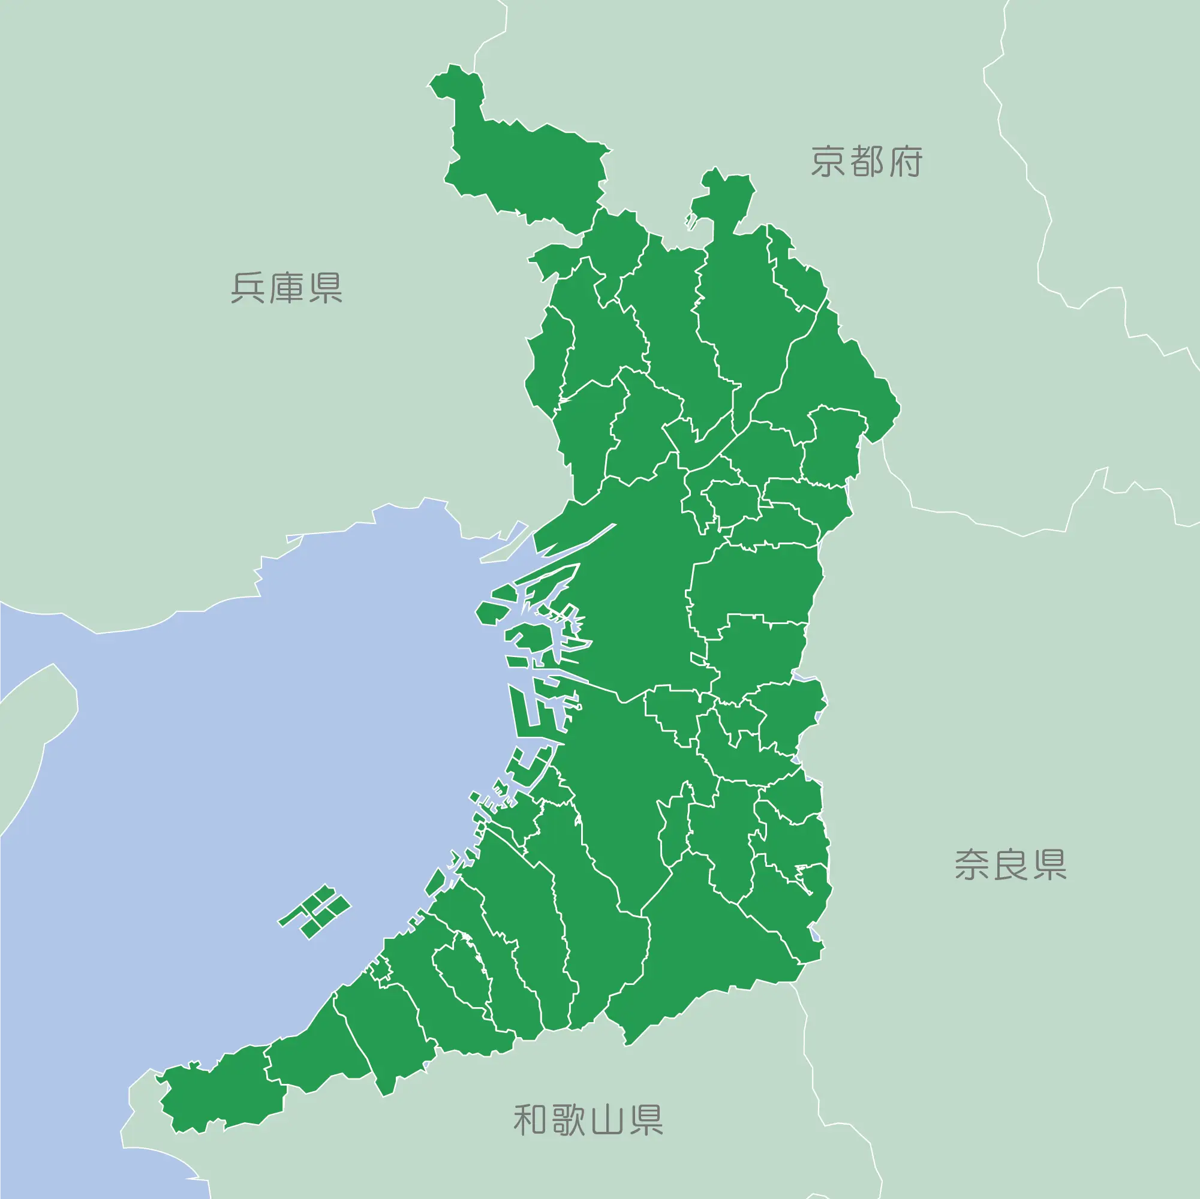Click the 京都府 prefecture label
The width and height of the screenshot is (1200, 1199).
pos(867,162)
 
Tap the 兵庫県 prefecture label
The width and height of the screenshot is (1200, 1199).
pos(286,288)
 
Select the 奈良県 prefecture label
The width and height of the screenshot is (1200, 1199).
pos(1010,865)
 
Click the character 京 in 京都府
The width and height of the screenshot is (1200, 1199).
pos(829,162)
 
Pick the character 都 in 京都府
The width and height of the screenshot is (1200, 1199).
pos(867,162)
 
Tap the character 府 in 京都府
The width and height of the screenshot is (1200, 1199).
pos(905,162)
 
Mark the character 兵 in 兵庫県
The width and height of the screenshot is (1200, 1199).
pos(248,288)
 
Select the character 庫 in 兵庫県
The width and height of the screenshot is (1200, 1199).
pos(287,288)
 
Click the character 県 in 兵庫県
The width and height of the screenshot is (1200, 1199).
pos(325,288)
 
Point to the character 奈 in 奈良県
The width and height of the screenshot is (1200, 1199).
pos(973,865)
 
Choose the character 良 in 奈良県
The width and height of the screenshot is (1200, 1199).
pos(1010,865)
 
